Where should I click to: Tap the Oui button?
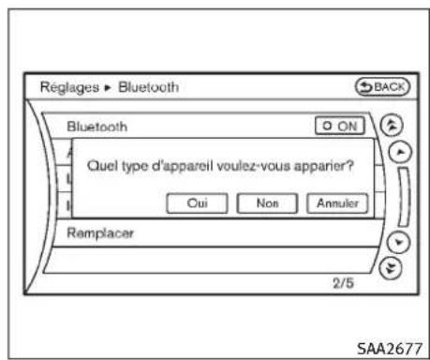pos(197,202)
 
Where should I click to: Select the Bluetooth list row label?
pos(96,126)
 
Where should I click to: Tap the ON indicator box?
pos(338,126)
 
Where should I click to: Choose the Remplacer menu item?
pos(101,233)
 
